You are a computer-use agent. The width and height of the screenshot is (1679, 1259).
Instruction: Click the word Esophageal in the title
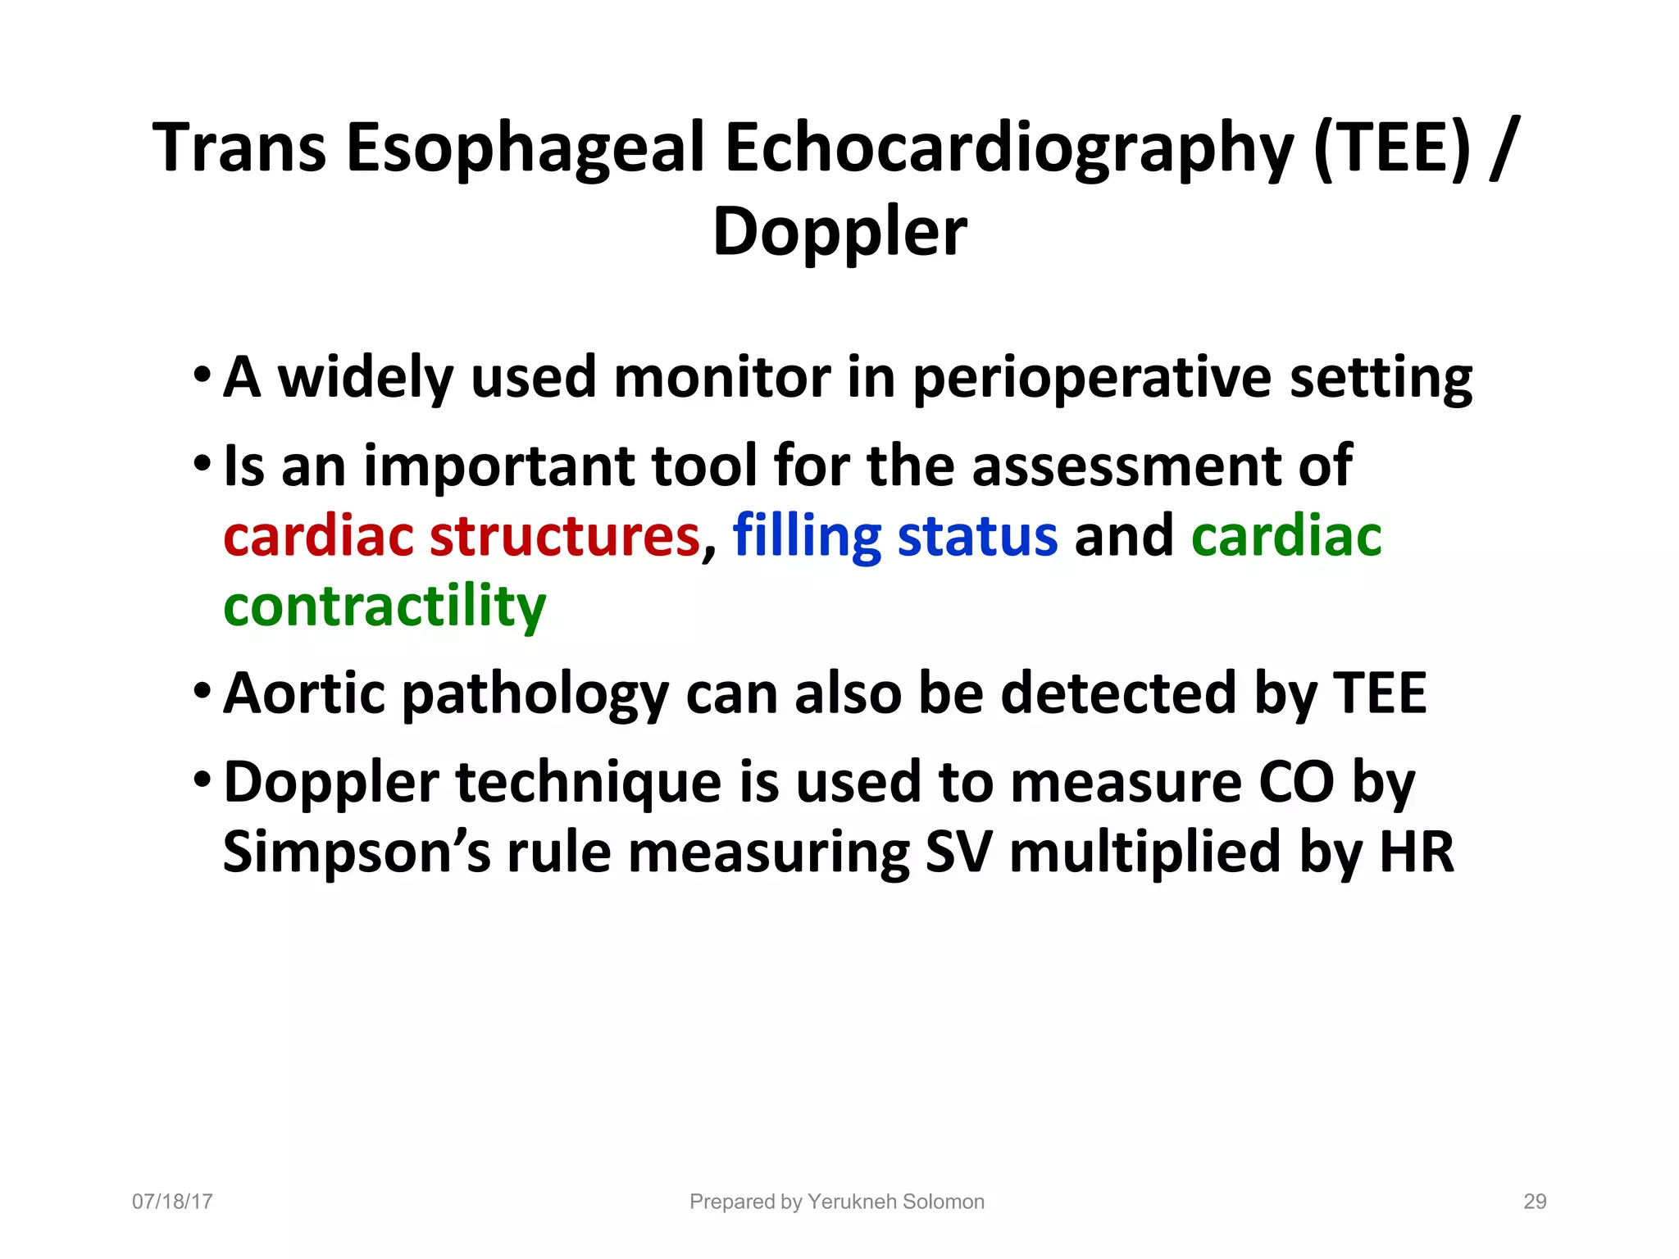[525, 149]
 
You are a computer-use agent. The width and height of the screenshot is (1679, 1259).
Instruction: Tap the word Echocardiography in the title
[1008, 149]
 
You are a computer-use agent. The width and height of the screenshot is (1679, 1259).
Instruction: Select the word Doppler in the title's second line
[839, 233]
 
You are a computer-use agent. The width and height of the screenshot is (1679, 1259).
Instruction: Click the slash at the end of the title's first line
[1502, 149]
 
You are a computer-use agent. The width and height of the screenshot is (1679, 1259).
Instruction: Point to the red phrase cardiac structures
[462, 537]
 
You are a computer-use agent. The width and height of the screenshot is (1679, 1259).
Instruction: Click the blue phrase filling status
[894, 537]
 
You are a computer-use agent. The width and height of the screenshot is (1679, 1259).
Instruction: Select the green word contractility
[384, 607]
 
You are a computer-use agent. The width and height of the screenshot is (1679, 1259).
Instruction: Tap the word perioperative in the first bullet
[1092, 379]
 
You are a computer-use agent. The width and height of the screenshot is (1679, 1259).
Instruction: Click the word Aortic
[304, 694]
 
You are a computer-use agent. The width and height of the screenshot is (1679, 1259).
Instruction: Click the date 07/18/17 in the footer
[172, 1202]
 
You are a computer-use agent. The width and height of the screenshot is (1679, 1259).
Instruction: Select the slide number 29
[1535, 1202]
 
